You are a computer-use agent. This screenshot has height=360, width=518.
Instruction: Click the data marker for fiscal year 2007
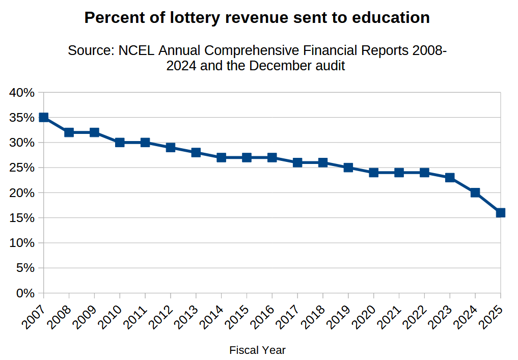[x=44, y=118]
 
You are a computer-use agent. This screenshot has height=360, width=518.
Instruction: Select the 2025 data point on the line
[x=500, y=213]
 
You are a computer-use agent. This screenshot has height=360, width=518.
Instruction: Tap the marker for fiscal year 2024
[x=475, y=192]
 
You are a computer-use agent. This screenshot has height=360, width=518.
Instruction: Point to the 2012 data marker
[x=171, y=148]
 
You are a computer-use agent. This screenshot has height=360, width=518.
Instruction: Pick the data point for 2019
[x=348, y=168]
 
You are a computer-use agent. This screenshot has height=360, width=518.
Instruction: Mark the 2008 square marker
[x=69, y=132]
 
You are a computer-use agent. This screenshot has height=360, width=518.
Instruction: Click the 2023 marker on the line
[x=450, y=178]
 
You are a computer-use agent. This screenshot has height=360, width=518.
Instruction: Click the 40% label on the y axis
[x=21, y=93]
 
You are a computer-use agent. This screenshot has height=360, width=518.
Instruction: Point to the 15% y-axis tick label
[x=21, y=218]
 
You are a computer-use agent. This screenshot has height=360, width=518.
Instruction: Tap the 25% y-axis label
[x=21, y=168]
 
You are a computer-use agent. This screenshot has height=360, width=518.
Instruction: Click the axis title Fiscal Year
[x=257, y=350]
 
